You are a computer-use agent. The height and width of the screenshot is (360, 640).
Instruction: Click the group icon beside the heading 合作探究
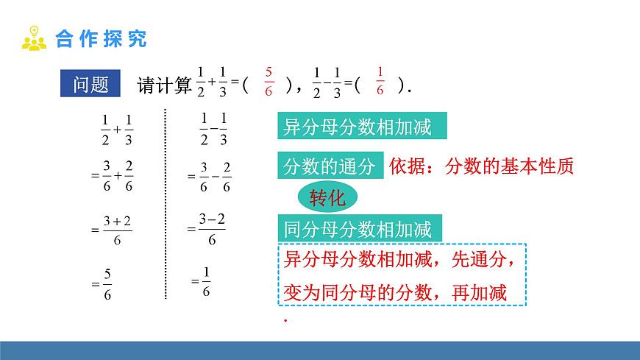coord(34,38)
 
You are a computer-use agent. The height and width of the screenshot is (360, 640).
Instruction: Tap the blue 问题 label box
coord(91,85)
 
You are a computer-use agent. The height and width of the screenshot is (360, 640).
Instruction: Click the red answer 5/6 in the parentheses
coord(269,81)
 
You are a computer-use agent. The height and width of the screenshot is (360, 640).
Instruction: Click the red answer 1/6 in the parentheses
coord(380,81)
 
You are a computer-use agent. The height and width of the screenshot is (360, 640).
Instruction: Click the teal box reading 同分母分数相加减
coord(363,227)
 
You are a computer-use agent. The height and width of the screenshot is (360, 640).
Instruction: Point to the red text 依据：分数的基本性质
coord(481,165)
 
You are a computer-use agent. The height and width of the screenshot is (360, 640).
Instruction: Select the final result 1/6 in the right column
coord(205,282)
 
